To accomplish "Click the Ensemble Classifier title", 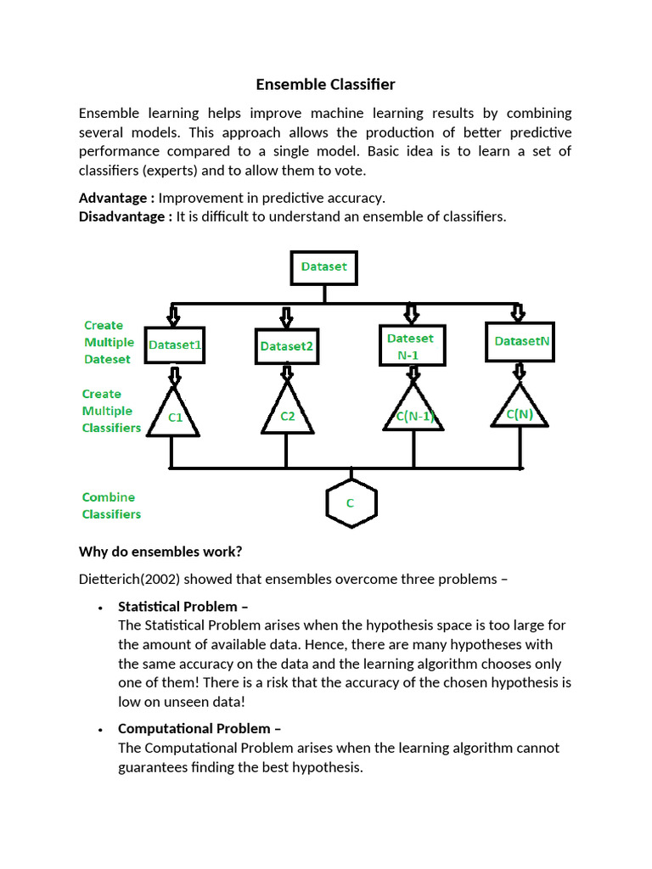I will coord(326,85).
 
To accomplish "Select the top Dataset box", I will coord(324,267).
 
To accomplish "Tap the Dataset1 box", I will coord(174,345).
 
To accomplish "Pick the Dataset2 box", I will coord(287,346).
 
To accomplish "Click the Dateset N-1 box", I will coord(410,346).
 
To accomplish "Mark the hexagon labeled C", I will coord(351,503).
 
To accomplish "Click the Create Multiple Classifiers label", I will coord(111,411).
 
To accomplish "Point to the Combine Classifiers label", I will coord(111,506).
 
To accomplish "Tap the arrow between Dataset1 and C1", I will coord(174,376).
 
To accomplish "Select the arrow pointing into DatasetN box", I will coord(519,313).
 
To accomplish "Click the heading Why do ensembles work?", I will coord(160,552).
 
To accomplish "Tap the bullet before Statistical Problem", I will coord(100,608).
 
